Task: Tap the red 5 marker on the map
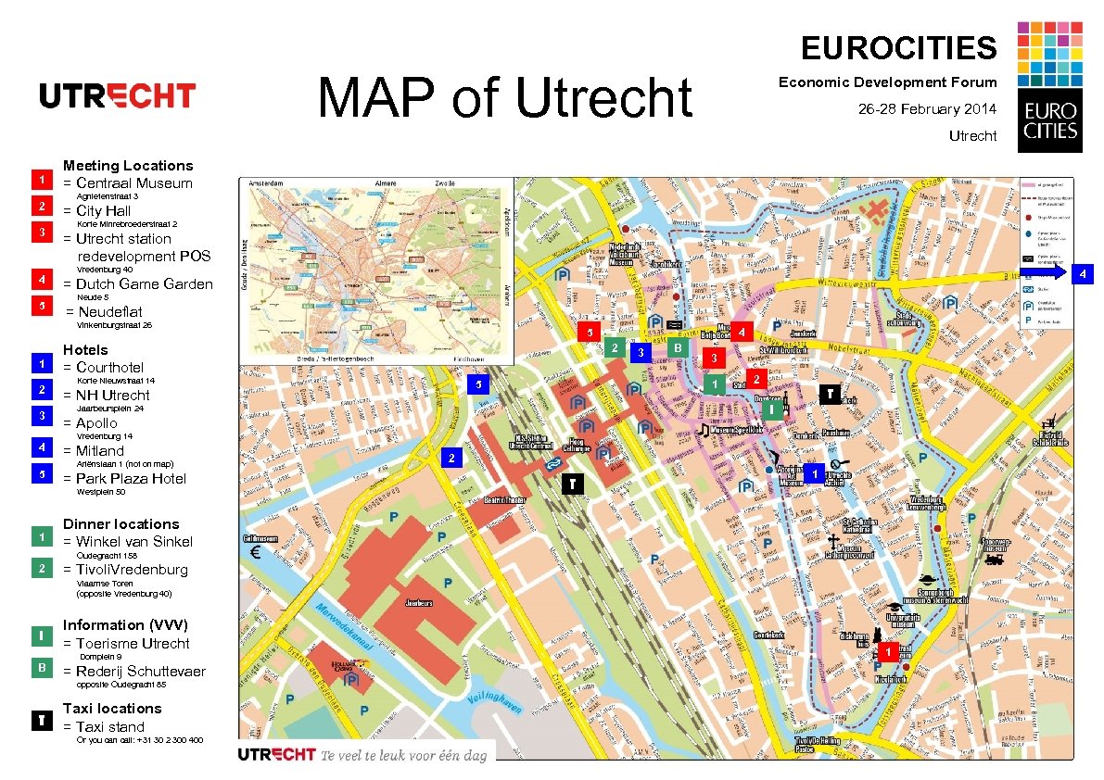coord(587,333)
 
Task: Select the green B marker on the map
coord(679,348)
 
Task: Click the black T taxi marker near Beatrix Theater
coord(574,484)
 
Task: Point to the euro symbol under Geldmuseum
coord(256,555)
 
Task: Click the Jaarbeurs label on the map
coord(418,602)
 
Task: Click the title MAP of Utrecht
coord(505,98)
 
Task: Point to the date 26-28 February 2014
coord(927,109)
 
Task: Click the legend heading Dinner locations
coord(121,523)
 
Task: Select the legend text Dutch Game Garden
coord(144,284)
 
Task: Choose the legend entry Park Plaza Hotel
coord(131,479)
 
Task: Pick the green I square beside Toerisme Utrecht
coord(42,635)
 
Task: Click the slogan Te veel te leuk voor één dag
coord(403,755)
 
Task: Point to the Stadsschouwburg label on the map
coord(904,318)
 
